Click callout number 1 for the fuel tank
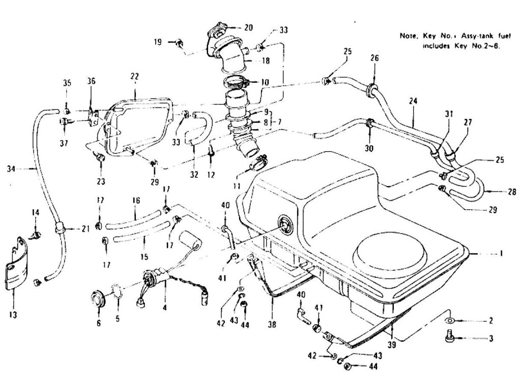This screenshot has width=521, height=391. pyautogui.click(x=501, y=253)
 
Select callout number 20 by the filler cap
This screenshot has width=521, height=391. pyautogui.click(x=248, y=27)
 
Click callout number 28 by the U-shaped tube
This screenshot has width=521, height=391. pyautogui.click(x=511, y=192)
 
